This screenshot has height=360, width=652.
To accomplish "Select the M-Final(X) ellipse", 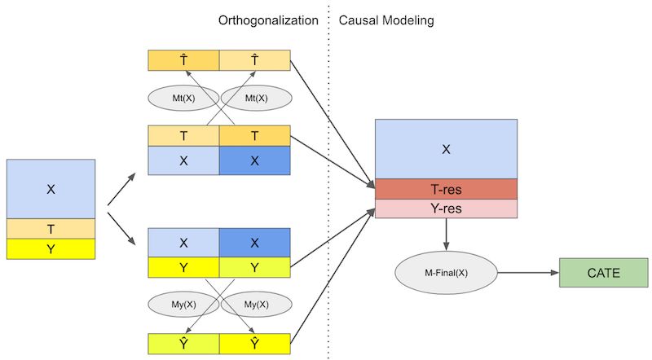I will click(x=445, y=273).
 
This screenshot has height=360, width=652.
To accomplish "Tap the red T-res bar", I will click(x=446, y=190).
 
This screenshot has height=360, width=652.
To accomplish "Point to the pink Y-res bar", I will click(x=446, y=209).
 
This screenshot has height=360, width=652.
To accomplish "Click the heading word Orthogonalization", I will click(x=268, y=19).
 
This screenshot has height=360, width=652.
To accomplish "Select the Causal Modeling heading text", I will click(x=386, y=19).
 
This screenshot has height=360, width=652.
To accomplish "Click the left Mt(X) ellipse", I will click(x=183, y=99).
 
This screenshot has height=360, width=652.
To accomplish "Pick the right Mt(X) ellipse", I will click(x=256, y=99).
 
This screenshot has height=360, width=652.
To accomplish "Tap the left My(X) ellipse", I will click(x=183, y=304).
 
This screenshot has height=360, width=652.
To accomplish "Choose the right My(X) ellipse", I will click(x=256, y=304).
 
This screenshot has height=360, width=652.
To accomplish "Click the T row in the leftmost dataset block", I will click(x=51, y=229).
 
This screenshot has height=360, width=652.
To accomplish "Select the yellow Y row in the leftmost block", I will click(x=51, y=249).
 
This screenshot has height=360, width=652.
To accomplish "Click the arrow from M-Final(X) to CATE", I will click(x=526, y=273).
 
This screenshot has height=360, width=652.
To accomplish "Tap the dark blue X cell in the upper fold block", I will click(x=255, y=161).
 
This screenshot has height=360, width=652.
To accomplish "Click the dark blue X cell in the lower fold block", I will click(x=255, y=243).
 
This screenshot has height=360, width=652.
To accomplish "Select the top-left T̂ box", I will click(x=183, y=59).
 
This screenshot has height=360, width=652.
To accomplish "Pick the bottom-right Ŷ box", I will click(x=255, y=344).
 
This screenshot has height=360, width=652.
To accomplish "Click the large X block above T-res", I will click(x=446, y=149).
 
